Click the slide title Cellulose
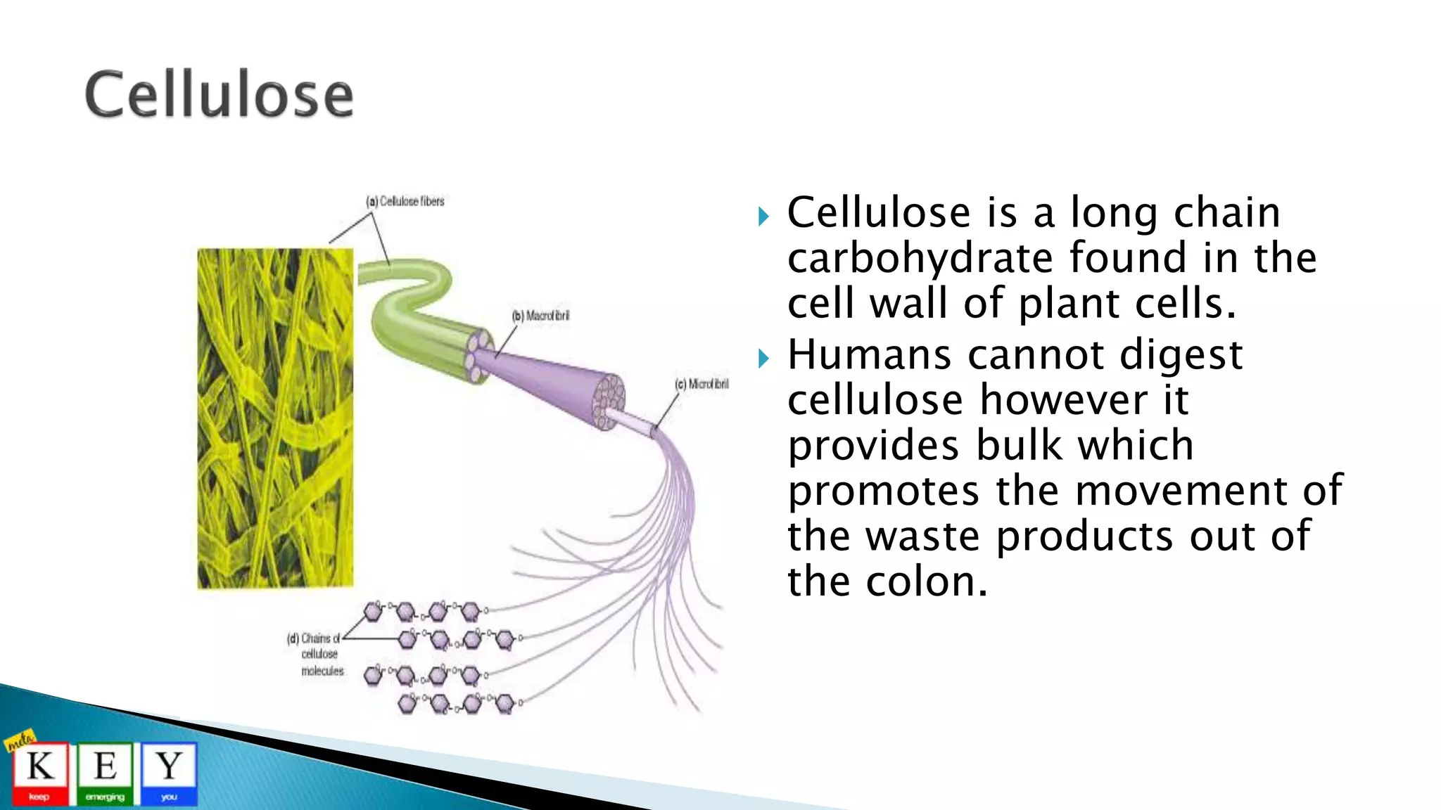[219, 94]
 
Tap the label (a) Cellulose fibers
[405, 202]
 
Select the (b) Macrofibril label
[540, 316]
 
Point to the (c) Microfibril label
[702, 384]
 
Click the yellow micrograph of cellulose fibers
[275, 418]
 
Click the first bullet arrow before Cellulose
[764, 216]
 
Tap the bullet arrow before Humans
[764, 359]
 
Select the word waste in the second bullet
[922, 536]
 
